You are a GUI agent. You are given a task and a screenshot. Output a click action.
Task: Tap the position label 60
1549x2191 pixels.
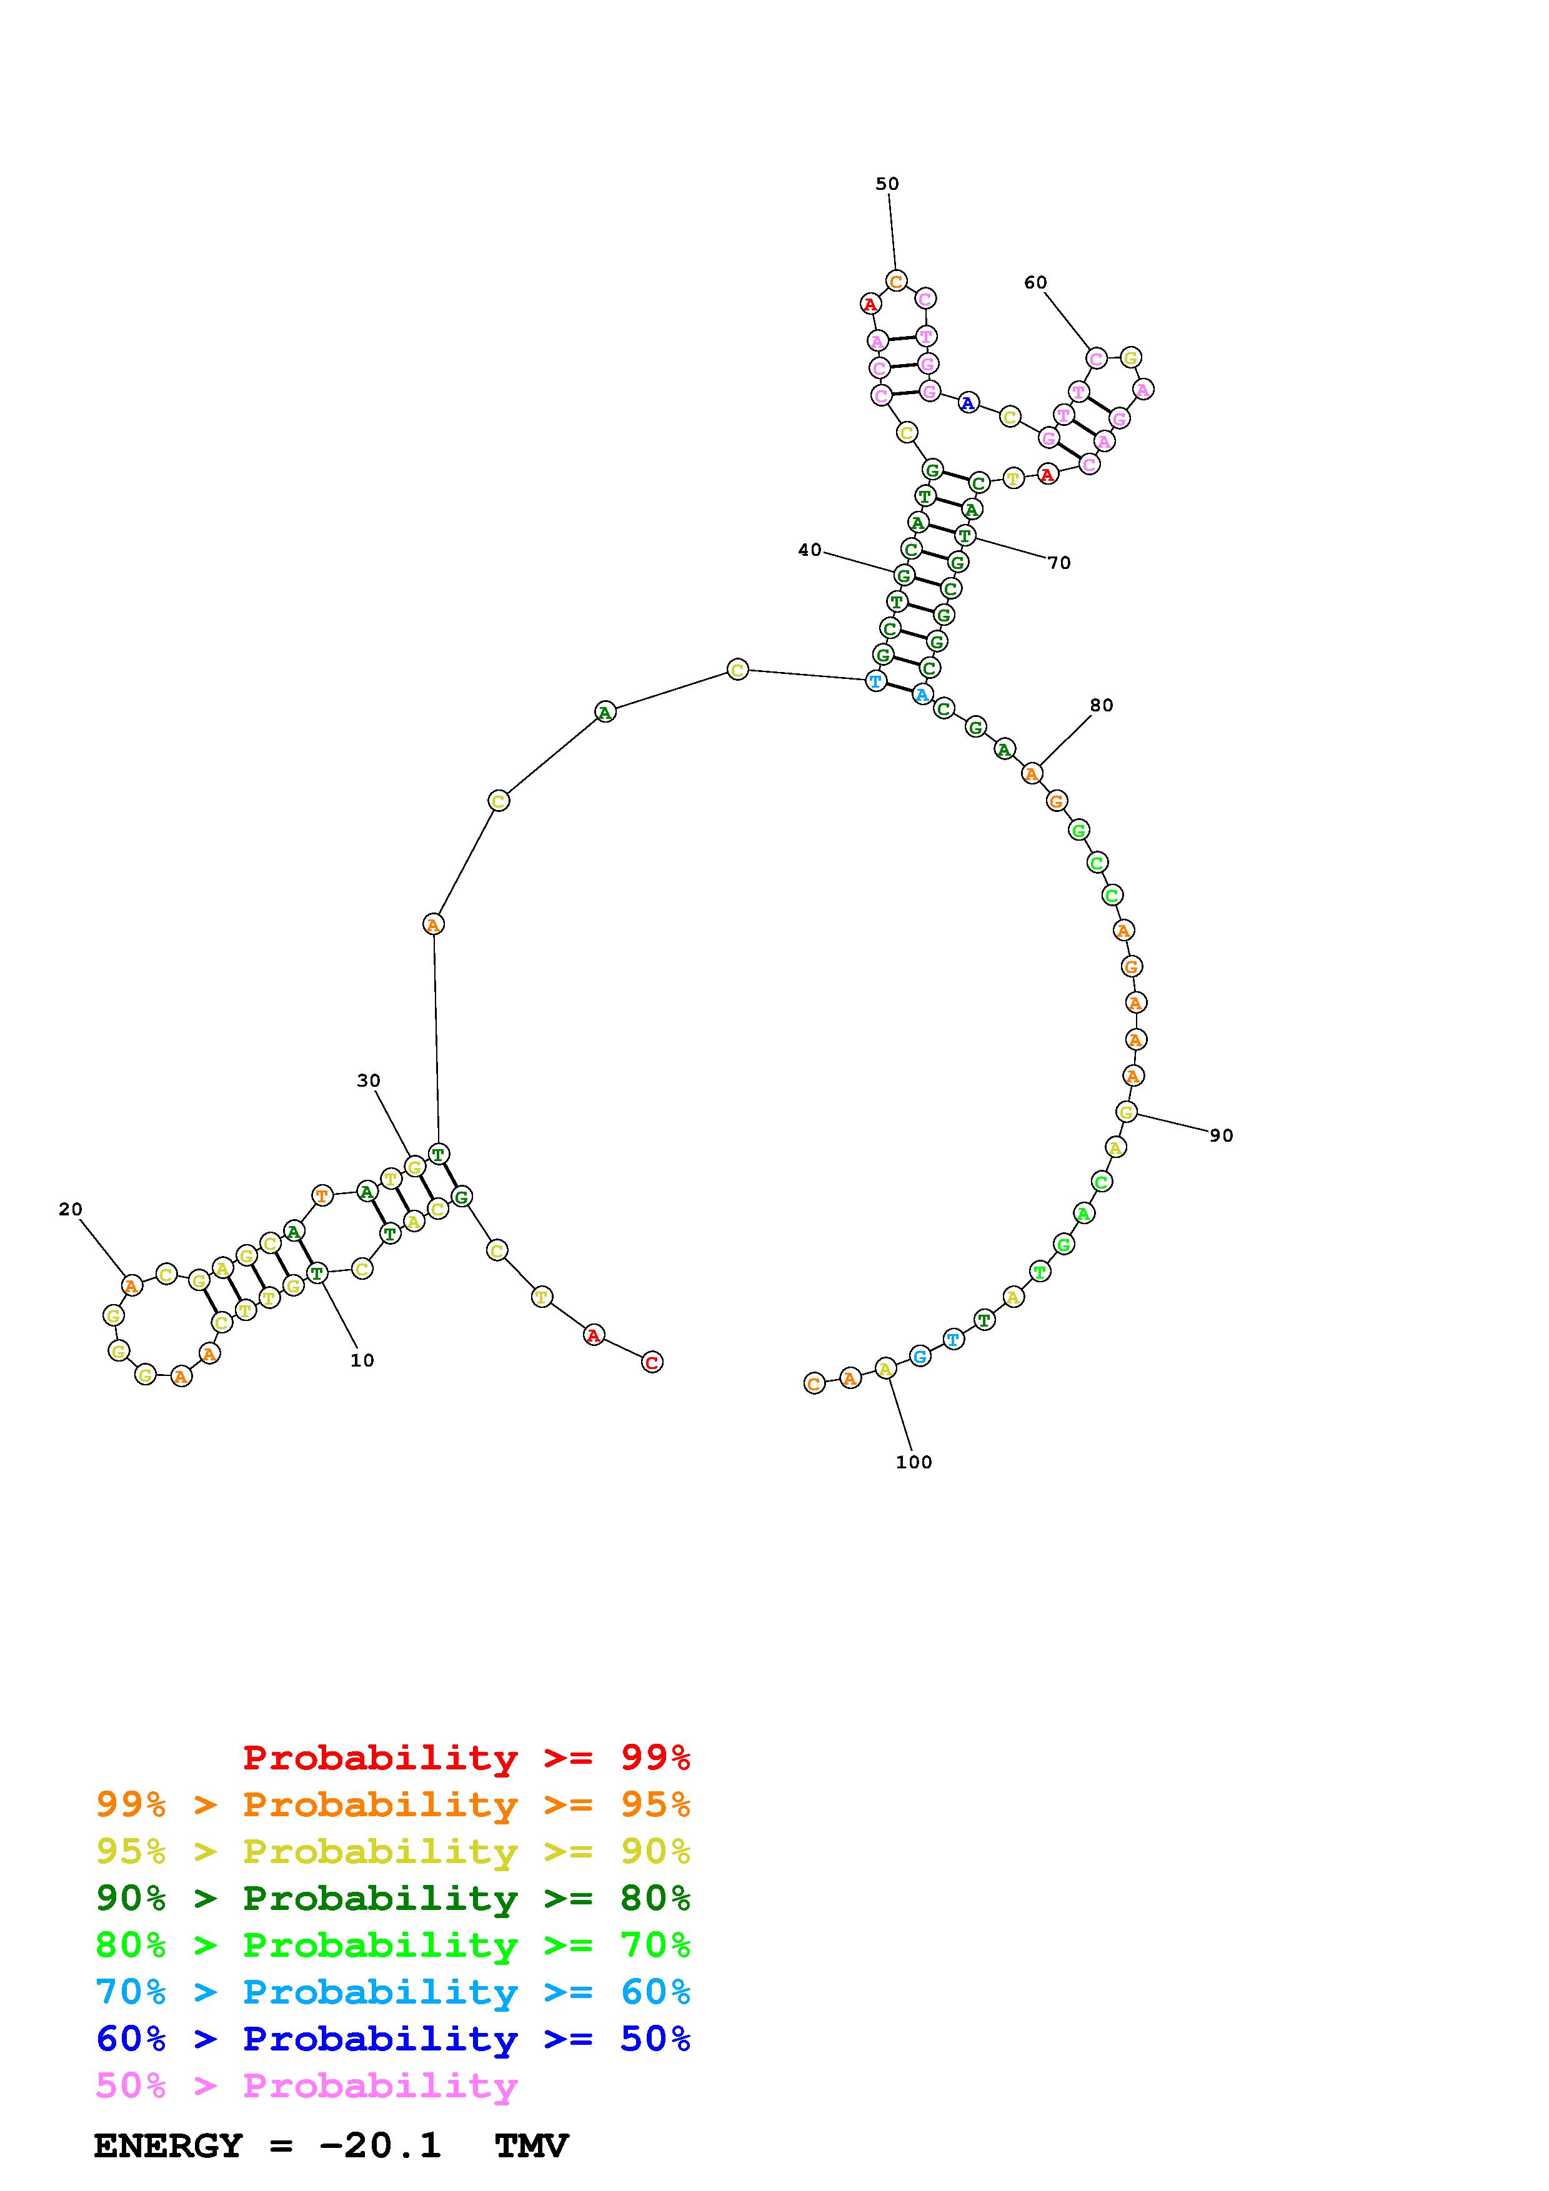tap(1035, 282)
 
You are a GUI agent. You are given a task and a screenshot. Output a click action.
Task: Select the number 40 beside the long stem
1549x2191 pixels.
tap(809, 550)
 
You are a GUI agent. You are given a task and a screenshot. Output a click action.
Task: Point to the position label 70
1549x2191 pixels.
tap(1059, 563)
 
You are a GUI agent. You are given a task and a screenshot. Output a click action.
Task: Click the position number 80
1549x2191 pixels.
tap(1102, 705)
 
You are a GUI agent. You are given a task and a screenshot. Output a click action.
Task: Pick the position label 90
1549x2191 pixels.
tap(1222, 1135)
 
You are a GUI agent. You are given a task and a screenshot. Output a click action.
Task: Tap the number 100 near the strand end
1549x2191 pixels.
tap(914, 1462)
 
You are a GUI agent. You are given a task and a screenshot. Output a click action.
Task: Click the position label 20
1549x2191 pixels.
tap(71, 1209)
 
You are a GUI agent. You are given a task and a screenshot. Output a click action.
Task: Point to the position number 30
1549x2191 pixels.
tap(369, 1081)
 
